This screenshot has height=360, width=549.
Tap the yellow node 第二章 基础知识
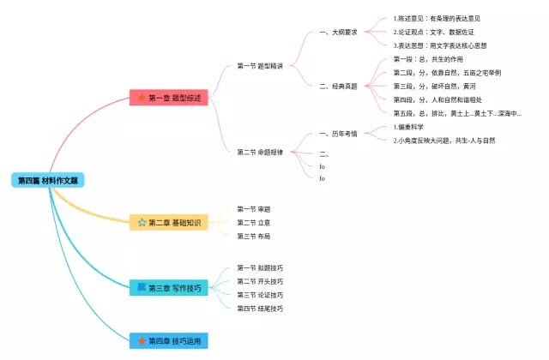pyautogui.click(x=168, y=223)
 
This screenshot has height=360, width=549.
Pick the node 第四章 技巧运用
pyautogui.click(x=168, y=341)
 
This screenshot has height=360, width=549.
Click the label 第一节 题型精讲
pyautogui.click(x=260, y=66)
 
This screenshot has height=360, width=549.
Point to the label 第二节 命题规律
pyautogui.click(x=260, y=152)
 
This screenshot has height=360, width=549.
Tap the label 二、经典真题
pyautogui.click(x=338, y=86)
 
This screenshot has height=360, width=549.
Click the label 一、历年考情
pyautogui.click(x=338, y=133)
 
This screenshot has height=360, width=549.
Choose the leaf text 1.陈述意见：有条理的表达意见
pyautogui.click(x=436, y=18)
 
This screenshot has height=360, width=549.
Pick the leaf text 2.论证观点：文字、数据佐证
pyautogui.click(x=436, y=32)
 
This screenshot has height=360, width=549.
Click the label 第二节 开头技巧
pyautogui.click(x=260, y=281)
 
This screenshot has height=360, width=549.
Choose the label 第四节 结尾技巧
pyautogui.click(x=260, y=308)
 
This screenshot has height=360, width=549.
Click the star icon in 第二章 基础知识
pyautogui.click(x=142, y=223)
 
